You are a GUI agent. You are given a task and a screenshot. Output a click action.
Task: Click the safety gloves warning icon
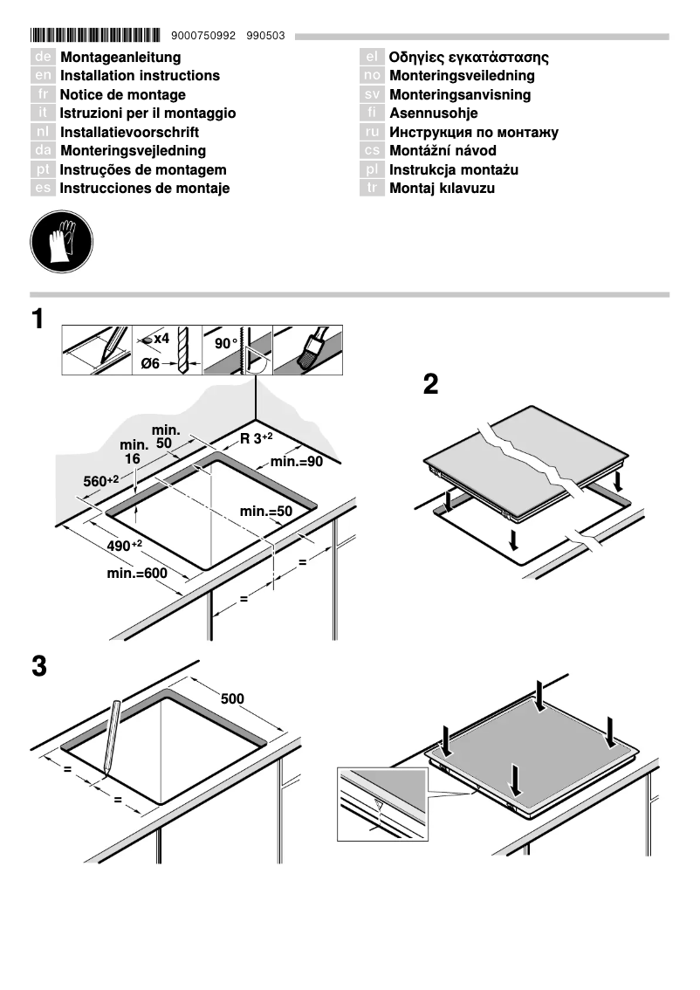[x=61, y=239]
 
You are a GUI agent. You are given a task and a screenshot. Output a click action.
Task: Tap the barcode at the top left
[x=96, y=36]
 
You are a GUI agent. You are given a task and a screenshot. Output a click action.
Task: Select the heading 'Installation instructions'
[x=140, y=76]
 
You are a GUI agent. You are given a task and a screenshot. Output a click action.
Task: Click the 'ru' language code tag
[x=372, y=132]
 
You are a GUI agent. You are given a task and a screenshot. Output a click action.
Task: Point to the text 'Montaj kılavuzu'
[x=442, y=189]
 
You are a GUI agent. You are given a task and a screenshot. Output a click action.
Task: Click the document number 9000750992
[x=204, y=36]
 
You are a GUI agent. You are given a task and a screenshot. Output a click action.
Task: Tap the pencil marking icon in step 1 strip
[x=96, y=350]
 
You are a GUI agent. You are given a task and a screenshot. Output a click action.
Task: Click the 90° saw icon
[x=237, y=350]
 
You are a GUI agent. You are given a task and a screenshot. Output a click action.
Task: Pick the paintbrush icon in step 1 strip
[x=307, y=350]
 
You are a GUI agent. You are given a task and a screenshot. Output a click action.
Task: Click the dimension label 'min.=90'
[x=297, y=462]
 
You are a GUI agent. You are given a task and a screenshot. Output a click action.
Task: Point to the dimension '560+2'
[x=100, y=481]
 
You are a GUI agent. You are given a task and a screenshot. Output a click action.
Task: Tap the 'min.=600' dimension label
[x=136, y=574]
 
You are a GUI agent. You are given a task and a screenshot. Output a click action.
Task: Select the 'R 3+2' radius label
[x=257, y=438]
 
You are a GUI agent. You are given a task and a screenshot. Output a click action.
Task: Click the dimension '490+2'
[x=125, y=545]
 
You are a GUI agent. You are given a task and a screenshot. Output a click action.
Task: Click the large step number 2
[x=430, y=385]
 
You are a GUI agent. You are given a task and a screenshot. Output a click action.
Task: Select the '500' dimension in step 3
[x=232, y=698]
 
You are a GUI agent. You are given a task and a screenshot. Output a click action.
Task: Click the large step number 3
[x=38, y=667]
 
